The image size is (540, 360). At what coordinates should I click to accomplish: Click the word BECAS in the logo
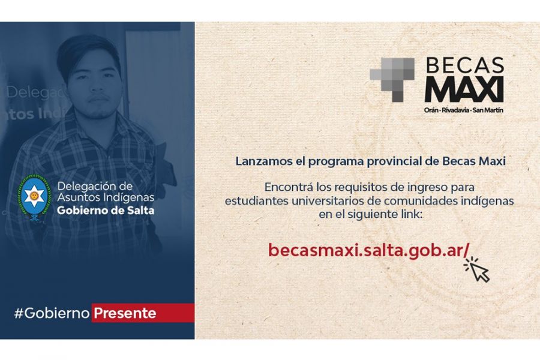[465, 65]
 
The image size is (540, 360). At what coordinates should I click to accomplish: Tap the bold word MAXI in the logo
[464, 89]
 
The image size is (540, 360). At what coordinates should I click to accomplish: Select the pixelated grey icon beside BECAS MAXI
[392, 80]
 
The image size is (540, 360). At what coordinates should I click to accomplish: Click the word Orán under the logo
[431, 110]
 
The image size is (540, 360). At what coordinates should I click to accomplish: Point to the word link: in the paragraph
[409, 214]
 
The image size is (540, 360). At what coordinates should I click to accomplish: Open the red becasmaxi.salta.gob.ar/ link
[368, 250]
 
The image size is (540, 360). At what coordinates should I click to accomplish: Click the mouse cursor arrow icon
[477, 269]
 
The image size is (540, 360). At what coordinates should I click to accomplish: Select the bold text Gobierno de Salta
[106, 210]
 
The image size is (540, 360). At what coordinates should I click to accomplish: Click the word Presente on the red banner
[125, 313]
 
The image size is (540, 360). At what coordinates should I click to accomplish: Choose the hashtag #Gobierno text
[52, 313]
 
